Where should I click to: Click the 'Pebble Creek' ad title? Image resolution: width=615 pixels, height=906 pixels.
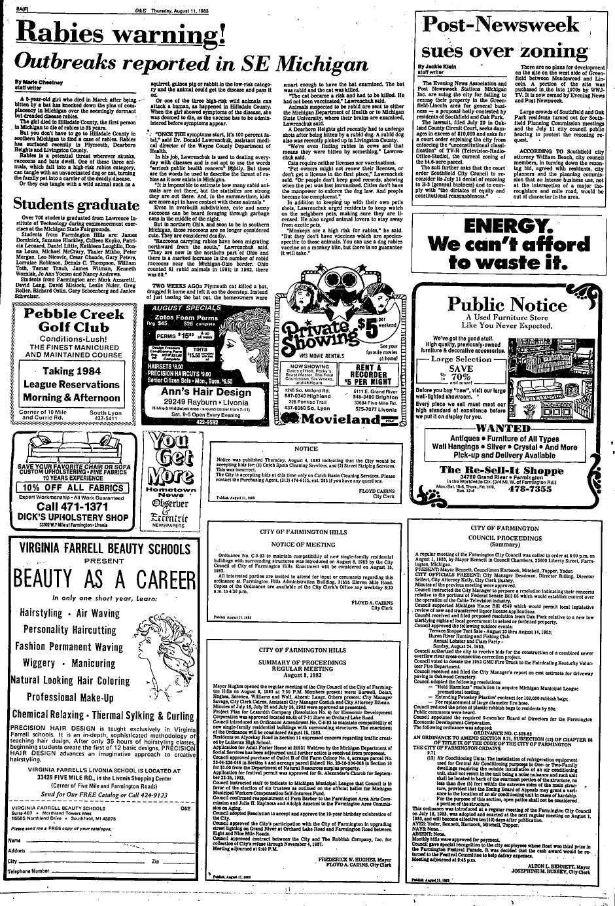74,314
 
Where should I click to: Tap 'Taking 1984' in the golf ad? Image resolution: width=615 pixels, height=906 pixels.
73,371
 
